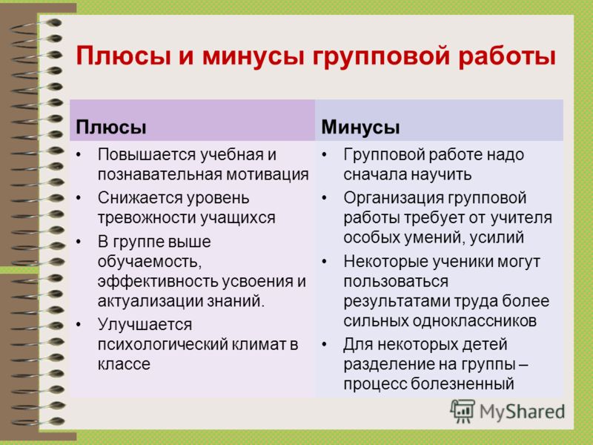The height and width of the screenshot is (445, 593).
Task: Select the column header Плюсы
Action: (x=110, y=127)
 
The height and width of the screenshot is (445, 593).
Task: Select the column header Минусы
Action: (x=360, y=127)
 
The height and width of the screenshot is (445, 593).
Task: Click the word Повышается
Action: (x=146, y=154)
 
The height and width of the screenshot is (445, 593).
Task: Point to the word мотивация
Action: (x=268, y=174)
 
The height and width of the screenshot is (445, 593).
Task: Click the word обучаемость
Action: (x=150, y=262)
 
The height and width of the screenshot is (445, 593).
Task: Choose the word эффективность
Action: (x=157, y=281)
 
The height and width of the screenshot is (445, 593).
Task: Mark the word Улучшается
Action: (x=145, y=325)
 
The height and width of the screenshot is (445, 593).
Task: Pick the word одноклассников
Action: (x=474, y=321)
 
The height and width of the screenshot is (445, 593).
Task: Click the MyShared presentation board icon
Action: (x=462, y=412)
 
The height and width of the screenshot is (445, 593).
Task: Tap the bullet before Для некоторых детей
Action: (x=324, y=345)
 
